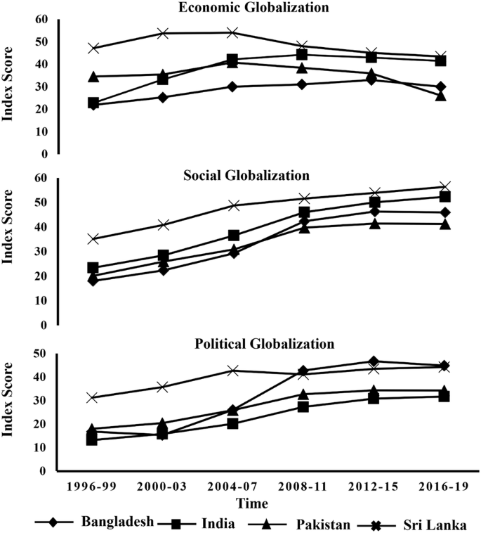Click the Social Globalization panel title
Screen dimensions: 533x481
click(x=267, y=174)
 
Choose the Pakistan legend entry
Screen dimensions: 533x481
click(x=319, y=523)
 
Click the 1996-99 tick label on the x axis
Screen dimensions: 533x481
click(x=93, y=487)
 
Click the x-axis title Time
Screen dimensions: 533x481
click(x=267, y=503)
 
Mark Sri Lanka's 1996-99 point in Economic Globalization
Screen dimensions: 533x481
click(x=93, y=49)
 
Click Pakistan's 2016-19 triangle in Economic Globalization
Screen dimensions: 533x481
click(x=441, y=95)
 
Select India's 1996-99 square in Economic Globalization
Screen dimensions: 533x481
click(x=93, y=103)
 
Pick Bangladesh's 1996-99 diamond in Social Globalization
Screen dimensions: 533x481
click(x=93, y=281)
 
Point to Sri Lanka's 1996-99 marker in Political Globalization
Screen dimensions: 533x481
click(x=93, y=398)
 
